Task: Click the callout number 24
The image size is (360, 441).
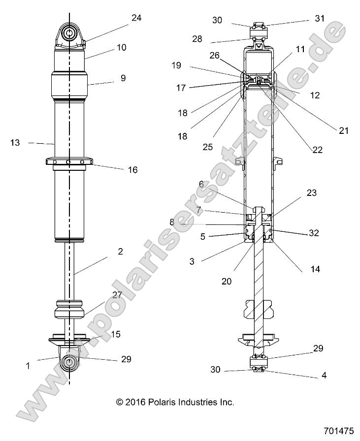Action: [x=136, y=18]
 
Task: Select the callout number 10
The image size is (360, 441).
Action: [x=121, y=47]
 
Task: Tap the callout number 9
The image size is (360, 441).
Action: [x=123, y=78]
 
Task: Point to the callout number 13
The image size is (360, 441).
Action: [x=15, y=143]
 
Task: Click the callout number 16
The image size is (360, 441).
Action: [x=132, y=170]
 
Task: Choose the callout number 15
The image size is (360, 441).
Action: [x=115, y=334]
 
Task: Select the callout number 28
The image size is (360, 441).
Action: [x=197, y=39]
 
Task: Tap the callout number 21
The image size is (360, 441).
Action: [x=343, y=130]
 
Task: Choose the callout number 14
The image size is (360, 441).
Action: [x=315, y=269]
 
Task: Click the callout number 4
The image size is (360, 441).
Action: [x=324, y=375]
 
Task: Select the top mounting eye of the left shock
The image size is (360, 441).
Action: [x=70, y=33]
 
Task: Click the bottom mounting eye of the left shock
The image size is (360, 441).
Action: [x=69, y=363]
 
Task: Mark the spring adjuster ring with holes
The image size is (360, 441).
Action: [x=69, y=161]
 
